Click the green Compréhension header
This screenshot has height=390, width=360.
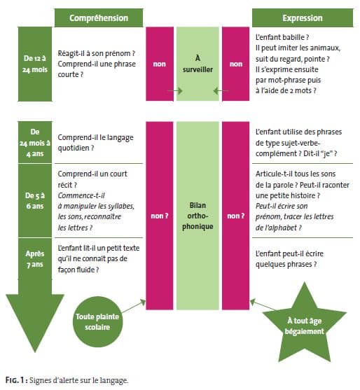(99, 18)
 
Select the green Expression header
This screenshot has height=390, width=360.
(303, 18)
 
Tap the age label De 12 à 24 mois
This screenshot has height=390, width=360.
(35, 64)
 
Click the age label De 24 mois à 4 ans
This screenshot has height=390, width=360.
(35, 143)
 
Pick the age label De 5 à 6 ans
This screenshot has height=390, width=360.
(35, 201)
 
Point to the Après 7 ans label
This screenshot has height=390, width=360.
(35, 258)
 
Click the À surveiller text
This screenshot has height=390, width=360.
(198, 64)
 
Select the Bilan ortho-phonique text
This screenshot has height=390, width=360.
(198, 216)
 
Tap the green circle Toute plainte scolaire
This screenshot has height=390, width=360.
(97, 321)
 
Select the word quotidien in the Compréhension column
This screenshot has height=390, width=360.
(74, 148)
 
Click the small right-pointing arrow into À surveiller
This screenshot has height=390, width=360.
(175, 91)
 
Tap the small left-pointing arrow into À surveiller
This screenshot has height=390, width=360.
(221, 91)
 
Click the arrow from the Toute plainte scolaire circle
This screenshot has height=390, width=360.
(134, 306)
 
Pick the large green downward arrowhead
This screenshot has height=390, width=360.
(35, 323)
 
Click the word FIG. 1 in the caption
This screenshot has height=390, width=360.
(15, 380)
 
